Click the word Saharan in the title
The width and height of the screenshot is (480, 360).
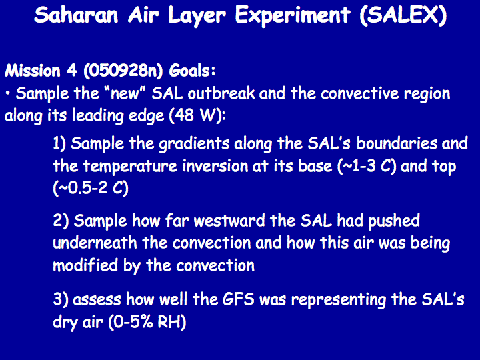tap(76, 15)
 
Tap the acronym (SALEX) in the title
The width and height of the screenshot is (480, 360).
tap(403, 15)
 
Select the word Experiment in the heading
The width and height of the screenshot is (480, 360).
tap(293, 16)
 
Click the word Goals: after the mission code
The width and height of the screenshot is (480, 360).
tap(192, 71)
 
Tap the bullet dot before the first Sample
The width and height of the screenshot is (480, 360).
tap(7, 93)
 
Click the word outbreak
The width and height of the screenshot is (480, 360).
tap(221, 93)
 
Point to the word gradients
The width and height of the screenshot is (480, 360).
tap(195, 144)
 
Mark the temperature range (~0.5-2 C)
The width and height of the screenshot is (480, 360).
tap(91, 188)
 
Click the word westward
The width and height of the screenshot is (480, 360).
tap(229, 221)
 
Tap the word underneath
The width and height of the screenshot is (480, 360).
tap(95, 243)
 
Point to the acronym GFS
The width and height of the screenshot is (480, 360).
tap(239, 299)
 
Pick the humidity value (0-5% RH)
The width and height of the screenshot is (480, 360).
tap(147, 322)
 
